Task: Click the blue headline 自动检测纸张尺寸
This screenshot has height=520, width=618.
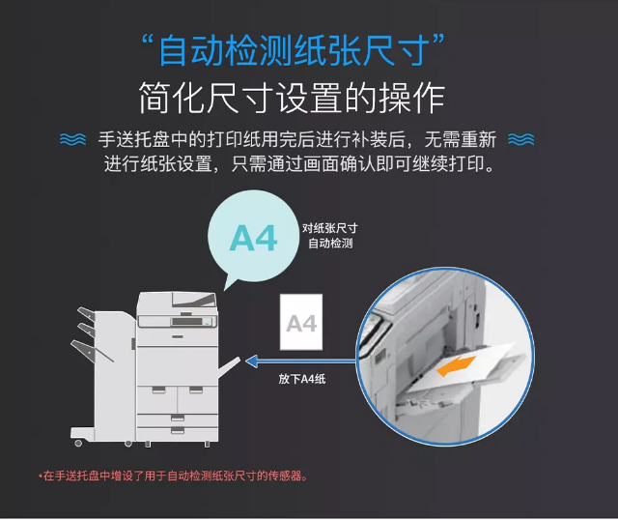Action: click(293, 50)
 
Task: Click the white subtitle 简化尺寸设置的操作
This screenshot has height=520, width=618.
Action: click(292, 98)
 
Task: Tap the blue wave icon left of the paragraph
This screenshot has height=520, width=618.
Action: click(73, 139)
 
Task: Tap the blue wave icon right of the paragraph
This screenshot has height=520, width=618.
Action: click(521, 139)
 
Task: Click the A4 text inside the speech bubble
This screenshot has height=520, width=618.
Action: click(253, 239)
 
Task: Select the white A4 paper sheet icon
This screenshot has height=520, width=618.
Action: click(301, 322)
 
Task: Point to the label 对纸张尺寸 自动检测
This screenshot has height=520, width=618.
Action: click(330, 236)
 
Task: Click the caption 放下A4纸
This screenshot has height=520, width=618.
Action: click(302, 379)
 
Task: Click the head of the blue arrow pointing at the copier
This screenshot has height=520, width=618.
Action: click(251, 361)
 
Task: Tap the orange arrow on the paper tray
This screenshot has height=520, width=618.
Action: click(457, 366)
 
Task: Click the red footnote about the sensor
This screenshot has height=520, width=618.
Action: click(174, 476)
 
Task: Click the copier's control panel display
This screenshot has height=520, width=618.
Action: click(186, 321)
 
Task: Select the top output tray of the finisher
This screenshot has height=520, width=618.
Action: click(86, 314)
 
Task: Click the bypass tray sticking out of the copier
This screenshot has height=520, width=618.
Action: click(229, 366)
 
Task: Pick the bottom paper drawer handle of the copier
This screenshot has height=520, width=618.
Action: click(178, 430)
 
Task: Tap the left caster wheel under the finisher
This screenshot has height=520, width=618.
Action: click(78, 443)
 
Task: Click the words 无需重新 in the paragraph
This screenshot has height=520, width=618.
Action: click(461, 139)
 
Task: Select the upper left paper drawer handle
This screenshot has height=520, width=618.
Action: click(158, 390)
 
